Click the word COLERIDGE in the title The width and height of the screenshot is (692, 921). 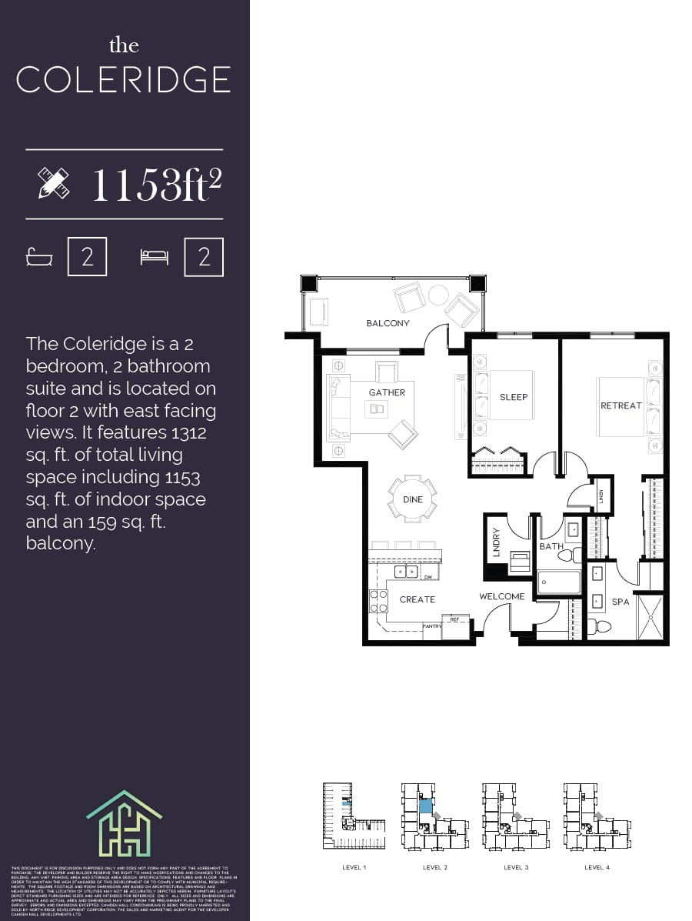coord(123,80)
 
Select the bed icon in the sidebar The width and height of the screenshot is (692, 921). coord(154,257)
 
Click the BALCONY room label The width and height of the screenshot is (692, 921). coord(388,323)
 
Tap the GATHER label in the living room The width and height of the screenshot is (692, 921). coord(387,392)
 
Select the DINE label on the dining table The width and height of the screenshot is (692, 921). coord(413,499)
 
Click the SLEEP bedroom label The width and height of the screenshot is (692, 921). coord(514,397)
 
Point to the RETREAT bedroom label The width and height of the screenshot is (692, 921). coord(620,405)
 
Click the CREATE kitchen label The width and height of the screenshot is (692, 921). coord(417,599)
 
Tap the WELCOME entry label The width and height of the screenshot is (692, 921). coord(501,596)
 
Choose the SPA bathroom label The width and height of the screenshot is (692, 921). coord(620,602)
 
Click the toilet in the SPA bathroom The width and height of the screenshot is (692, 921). coord(600,626)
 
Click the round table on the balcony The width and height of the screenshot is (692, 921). coord(438,295)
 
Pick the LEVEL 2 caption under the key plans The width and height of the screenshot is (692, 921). coord(434,867)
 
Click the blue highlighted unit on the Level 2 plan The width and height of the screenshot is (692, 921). coord(425,806)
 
